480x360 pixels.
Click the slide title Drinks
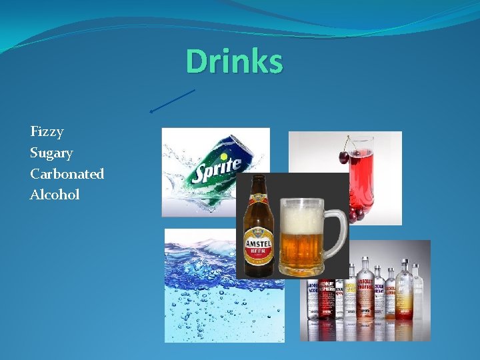(x=235, y=61)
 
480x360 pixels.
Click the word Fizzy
(x=47, y=131)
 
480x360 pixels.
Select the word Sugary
(x=51, y=153)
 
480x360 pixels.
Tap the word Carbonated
(x=67, y=174)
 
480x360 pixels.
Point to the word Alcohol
(x=55, y=195)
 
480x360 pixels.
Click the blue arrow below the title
(x=172, y=101)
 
